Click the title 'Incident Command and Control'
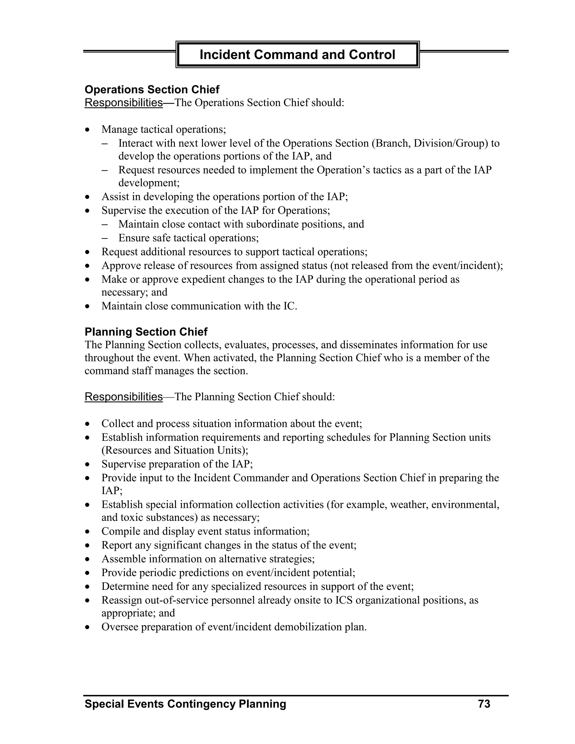tap(297, 54)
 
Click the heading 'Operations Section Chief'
tap(152, 90)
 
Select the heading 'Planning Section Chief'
tap(146, 332)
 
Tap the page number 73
tap(484, 704)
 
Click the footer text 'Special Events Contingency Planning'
tap(185, 704)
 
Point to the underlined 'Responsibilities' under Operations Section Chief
tap(123, 102)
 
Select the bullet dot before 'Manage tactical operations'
tap(88, 130)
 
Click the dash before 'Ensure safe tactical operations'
tap(104, 238)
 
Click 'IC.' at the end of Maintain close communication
tap(290, 306)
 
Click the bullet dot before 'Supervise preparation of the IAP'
tap(88, 464)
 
